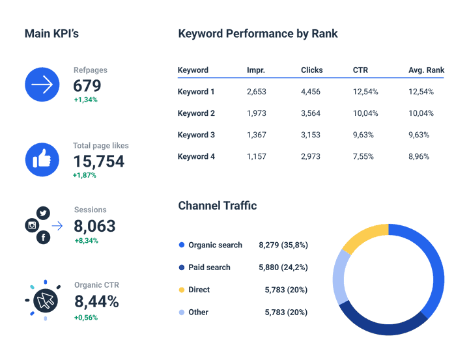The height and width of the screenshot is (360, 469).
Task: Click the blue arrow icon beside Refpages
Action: pos(42,85)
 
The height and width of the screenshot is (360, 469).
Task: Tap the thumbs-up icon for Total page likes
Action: pos(42,159)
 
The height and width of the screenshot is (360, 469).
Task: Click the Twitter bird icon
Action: pos(44,213)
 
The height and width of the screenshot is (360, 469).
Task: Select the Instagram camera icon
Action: pos(31,226)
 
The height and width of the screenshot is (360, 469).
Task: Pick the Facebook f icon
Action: pos(44,238)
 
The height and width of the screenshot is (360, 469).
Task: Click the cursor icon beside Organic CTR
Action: pos(45,300)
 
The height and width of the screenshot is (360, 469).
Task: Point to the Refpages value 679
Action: pos(87,86)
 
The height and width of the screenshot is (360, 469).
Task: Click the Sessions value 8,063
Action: pos(94,226)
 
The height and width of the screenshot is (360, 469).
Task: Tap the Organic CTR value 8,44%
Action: pos(96,301)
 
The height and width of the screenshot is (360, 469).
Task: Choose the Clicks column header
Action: pos(312,70)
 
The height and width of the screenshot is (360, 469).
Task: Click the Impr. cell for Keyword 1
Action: pos(257,92)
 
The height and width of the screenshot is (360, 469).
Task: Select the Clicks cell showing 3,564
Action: pos(311,113)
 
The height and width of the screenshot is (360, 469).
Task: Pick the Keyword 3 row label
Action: pos(196,135)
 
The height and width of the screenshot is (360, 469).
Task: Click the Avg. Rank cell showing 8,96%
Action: pos(421,156)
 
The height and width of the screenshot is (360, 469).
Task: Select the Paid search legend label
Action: pos(209,268)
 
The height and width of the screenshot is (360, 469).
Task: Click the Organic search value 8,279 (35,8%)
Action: pos(283,245)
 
